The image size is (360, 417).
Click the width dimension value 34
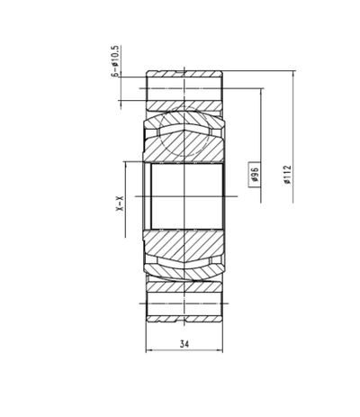point(184,343)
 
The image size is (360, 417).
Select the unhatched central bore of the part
point(184,195)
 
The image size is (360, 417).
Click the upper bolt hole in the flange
point(184,88)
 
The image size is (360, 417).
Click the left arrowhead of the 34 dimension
point(148,350)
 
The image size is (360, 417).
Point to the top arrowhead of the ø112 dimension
point(293,71)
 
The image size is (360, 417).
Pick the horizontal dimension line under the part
point(184,350)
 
